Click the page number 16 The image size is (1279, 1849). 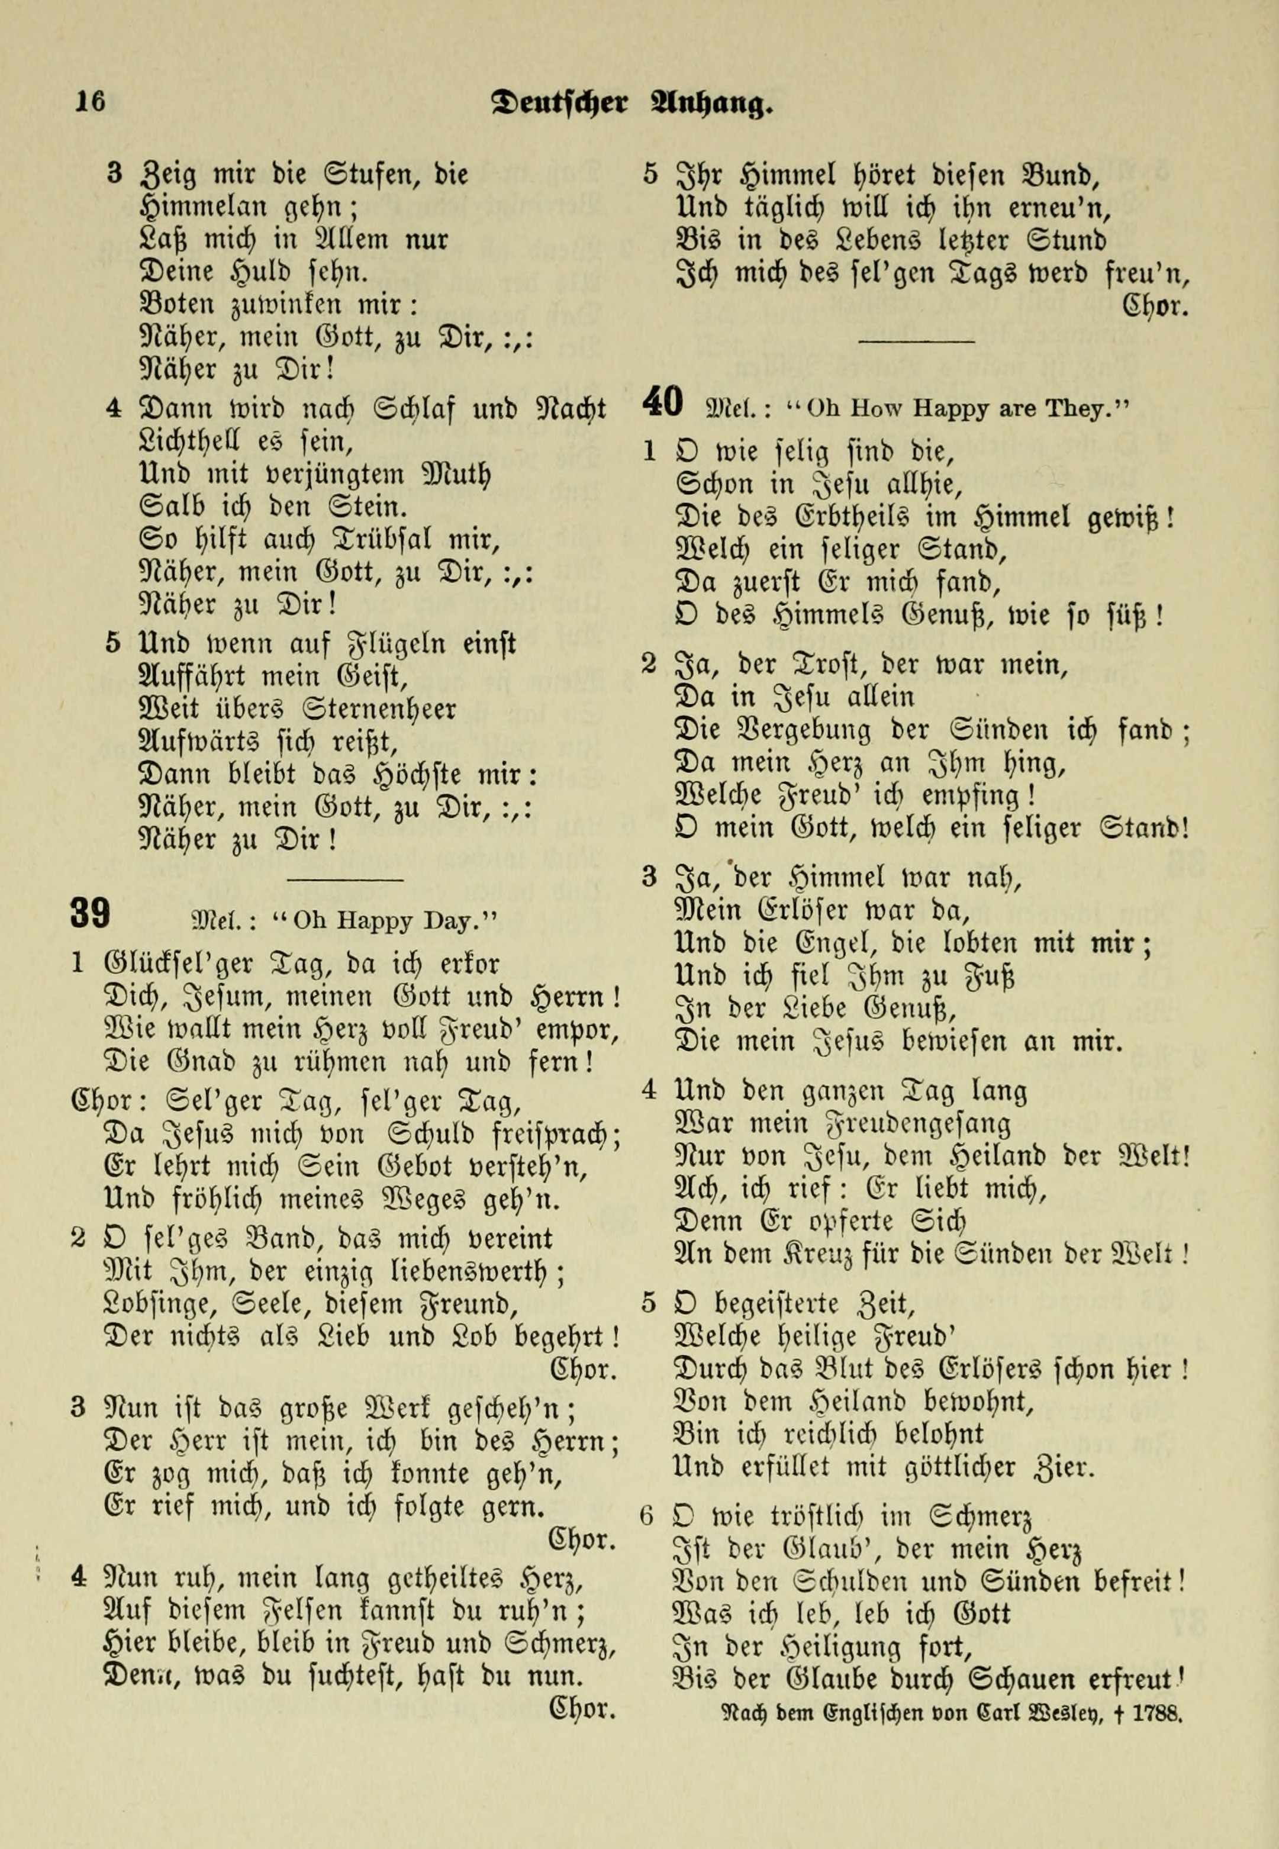tap(90, 102)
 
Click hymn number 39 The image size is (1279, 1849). tap(90, 914)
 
